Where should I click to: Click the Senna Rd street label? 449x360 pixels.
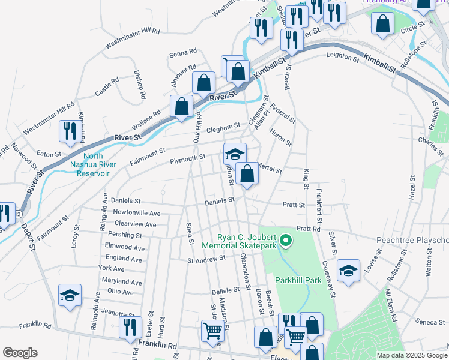point(183,52)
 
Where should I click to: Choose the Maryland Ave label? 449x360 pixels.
point(122,281)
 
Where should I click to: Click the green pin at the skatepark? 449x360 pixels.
point(286,241)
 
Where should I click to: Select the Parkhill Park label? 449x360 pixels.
point(294,280)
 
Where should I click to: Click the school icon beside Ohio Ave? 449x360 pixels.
point(70,296)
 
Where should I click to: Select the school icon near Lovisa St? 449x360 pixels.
point(348,271)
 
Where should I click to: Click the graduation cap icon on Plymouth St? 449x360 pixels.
point(235,154)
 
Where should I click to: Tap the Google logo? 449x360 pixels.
point(20,353)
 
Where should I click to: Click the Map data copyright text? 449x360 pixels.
point(411,355)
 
